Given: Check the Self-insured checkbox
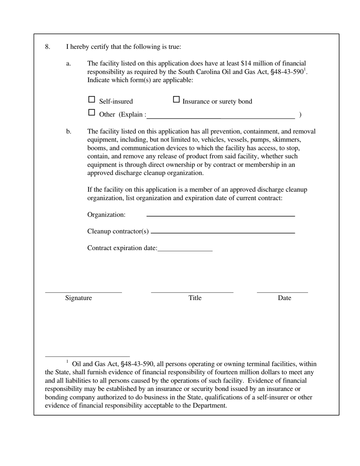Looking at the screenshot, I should pos(91,100).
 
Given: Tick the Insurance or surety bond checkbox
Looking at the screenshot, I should pos(176,100).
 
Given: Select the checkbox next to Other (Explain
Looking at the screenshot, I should pos(91,113).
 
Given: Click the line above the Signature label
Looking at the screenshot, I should pos(83,292).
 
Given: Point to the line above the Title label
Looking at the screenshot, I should pos(192,292).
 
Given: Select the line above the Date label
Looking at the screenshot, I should pos(282,292).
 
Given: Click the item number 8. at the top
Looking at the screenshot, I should pos(47,47).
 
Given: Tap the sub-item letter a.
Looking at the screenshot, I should pos(69,64).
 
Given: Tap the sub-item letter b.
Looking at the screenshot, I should pos(69,131).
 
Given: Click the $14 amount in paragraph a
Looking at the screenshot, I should pos(246,64).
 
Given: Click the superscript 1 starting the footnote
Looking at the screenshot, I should pos(67,362).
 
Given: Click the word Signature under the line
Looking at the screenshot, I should pos(78,298).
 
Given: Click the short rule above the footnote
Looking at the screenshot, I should pos(87,357).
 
